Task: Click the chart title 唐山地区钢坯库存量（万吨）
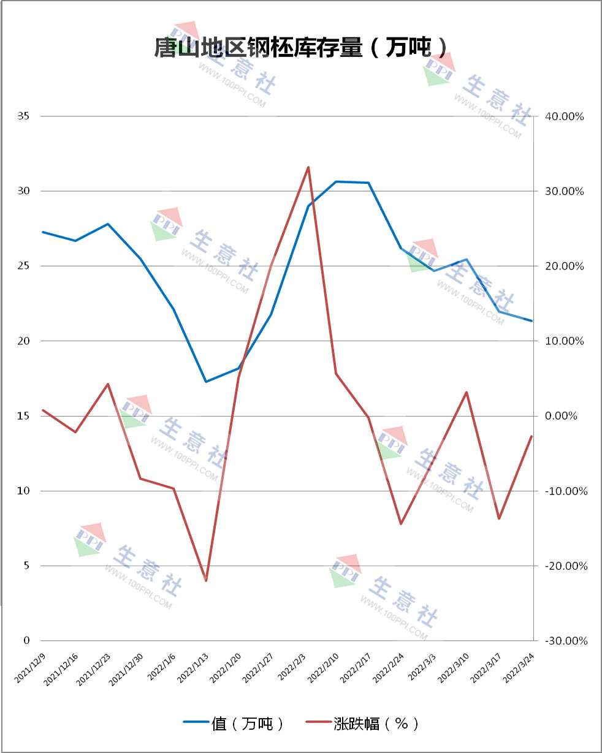pos(300,47)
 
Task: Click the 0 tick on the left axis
pos(26,640)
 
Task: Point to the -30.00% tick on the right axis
pos(565,640)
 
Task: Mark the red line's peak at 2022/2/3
pos(308,167)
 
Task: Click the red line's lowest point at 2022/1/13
pos(206,580)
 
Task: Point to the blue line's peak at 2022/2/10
pos(336,181)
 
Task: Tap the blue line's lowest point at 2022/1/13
pos(206,382)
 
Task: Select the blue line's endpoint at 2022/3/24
pos(532,320)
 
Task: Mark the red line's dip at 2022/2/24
pos(401,524)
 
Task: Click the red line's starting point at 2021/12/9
pos(43,410)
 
